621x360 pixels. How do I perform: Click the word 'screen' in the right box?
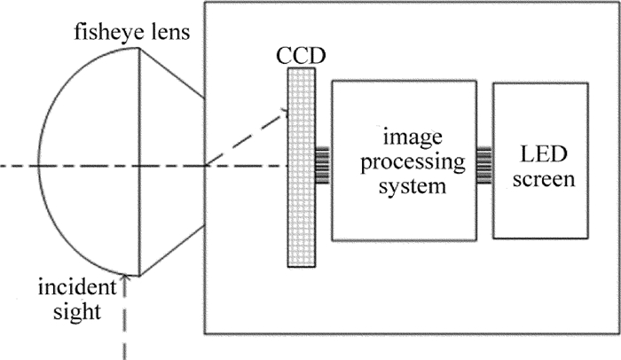[x=538, y=180]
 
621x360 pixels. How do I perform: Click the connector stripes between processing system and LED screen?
[x=484, y=164]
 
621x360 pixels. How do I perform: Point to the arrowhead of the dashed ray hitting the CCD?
[x=286, y=112]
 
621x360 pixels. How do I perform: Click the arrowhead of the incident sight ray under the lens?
[x=129, y=280]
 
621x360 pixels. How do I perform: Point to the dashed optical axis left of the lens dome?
[x=18, y=166]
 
